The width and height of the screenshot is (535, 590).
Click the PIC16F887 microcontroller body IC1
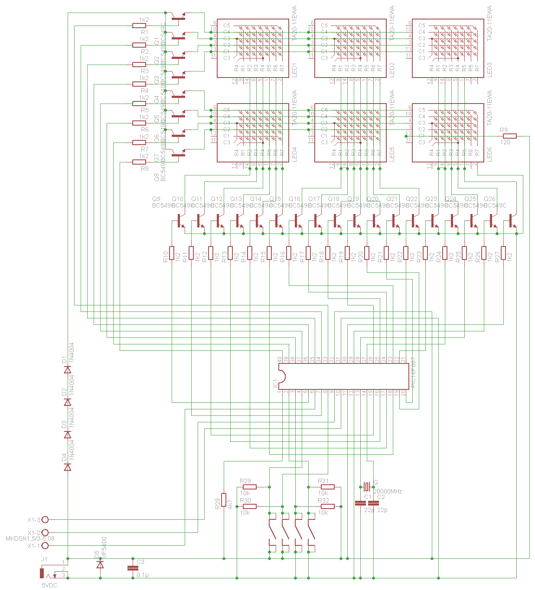pos(343,376)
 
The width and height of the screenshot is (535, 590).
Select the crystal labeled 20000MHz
pos(367,487)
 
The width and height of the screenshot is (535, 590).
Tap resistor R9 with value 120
pos(509,136)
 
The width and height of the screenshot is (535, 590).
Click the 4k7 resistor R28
pos(224,499)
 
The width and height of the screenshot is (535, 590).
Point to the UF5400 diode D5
pos(100,564)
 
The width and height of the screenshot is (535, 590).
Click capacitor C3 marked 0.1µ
pos(133,568)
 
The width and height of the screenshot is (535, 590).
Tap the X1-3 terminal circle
pos(45,519)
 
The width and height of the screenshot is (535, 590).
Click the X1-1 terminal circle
pos(45,546)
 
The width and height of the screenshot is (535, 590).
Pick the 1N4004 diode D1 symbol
pos(68,370)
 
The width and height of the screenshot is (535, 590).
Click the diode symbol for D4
pos(68,467)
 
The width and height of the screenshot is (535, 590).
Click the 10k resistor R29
pos(250,487)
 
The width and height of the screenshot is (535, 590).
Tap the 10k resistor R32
pos(328,506)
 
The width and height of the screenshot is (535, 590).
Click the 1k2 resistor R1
pos(139,26)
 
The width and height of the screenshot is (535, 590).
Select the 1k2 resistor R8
pos(139,162)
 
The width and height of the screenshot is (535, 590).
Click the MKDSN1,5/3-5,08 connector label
pos(30,539)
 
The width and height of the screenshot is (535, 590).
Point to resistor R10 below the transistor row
pos(172,253)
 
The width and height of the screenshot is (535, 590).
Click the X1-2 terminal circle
pos(45,532)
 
